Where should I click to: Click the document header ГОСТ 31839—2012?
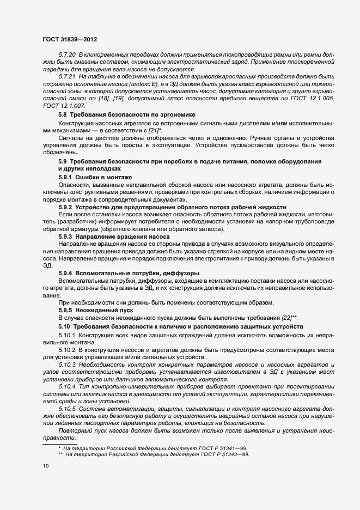click(70, 40)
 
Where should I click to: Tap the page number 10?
click(46, 466)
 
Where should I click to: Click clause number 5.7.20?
click(67, 56)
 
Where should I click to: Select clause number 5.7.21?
click(67, 77)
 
